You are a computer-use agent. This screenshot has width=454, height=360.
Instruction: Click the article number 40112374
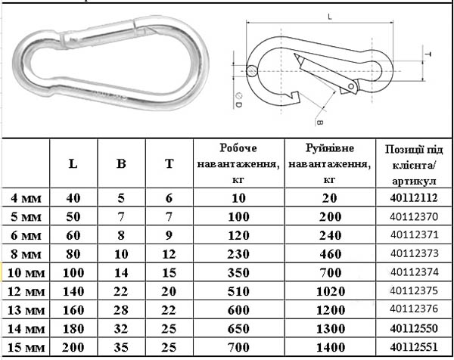pos(415,272)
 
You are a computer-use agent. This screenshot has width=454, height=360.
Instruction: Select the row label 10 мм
pos(26,273)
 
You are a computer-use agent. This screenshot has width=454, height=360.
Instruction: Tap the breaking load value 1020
pos(331,291)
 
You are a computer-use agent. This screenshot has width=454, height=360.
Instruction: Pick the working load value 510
pos(238,291)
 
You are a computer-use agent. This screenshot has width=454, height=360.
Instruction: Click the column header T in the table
pos(169,164)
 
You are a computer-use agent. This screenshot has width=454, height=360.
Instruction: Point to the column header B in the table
pos(121,164)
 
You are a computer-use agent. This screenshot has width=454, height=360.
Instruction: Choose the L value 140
pos(73,291)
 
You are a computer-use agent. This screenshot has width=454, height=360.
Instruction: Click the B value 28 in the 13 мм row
pos(121,310)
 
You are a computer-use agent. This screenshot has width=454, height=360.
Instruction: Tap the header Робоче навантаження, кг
pos(238,164)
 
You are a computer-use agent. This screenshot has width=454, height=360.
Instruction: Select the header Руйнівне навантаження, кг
pos(330,164)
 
